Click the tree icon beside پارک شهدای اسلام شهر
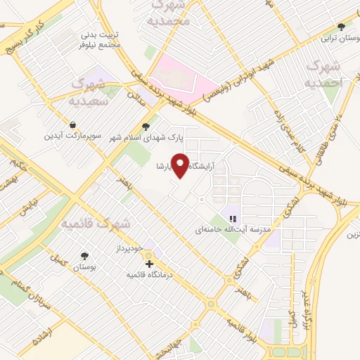tap(145, 127)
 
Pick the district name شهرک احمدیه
tap(324, 74)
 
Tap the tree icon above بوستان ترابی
tap(341, 27)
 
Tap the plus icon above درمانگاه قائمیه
tap(149, 264)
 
